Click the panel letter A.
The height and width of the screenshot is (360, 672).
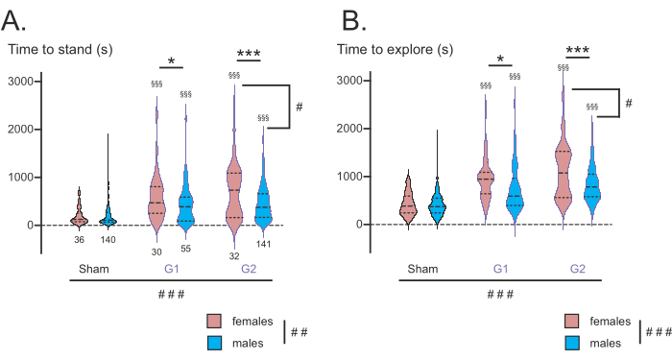[x=13, y=20]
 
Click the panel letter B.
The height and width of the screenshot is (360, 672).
[x=354, y=20]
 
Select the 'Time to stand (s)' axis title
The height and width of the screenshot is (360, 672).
[x=60, y=49]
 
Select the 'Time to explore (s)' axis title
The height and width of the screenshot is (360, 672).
[x=395, y=49]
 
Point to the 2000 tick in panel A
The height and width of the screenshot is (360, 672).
[x=20, y=129]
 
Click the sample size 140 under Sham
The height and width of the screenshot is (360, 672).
[x=108, y=240]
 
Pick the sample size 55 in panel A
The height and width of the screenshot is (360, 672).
[x=185, y=248]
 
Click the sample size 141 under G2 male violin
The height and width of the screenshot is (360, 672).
[x=263, y=244]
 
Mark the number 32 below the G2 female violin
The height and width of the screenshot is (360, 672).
[x=234, y=256]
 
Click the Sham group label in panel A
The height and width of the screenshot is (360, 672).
[x=94, y=269]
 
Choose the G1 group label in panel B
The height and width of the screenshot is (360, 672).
[x=500, y=269]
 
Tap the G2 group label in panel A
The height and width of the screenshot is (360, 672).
[x=249, y=269]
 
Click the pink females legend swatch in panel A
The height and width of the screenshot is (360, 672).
[x=214, y=321]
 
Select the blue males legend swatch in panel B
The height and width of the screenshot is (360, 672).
[x=572, y=343]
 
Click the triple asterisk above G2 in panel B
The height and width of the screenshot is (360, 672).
[x=577, y=51]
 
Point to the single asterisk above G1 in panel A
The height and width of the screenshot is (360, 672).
[x=172, y=61]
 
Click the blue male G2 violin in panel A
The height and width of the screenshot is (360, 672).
[x=263, y=197]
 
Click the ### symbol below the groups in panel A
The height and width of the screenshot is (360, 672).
[x=172, y=295]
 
